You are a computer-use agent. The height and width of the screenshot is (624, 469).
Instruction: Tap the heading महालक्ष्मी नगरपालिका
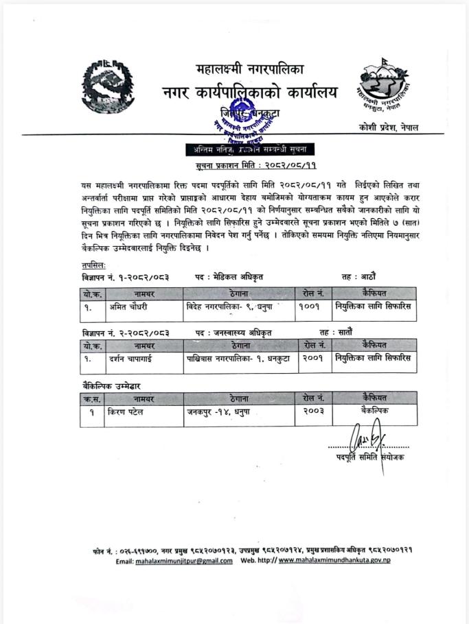pos(249,69)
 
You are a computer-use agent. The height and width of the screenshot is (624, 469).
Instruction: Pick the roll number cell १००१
pos(310,307)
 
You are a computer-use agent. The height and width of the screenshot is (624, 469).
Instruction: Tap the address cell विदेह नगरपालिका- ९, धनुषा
pos(234,307)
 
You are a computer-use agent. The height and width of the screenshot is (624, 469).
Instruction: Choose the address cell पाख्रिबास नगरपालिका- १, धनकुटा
pos(237,358)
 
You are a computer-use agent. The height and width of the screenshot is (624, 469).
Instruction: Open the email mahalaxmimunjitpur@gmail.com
pos(183,561)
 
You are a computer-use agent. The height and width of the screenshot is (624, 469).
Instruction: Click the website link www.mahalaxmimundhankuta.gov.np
pos(334,561)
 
